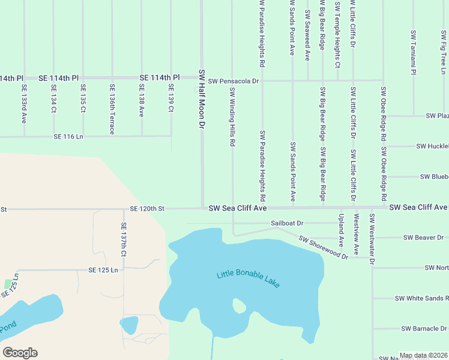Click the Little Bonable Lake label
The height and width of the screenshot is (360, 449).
[x=249, y=280]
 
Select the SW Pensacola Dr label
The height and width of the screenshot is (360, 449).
[x=234, y=80]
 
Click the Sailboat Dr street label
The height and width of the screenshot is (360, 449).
[x=287, y=223]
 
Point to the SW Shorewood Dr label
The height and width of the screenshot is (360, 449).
[x=323, y=248]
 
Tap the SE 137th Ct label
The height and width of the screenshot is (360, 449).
[x=124, y=240]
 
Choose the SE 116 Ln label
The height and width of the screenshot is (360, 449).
[x=68, y=137]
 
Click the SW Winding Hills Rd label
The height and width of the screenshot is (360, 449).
[x=232, y=118]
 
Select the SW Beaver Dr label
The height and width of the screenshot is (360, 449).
[x=423, y=238]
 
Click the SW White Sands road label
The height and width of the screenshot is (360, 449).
[x=421, y=298]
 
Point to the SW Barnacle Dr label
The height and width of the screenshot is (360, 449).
[x=424, y=329]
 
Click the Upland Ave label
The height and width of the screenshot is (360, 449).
[x=341, y=230]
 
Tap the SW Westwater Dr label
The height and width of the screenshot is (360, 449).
[x=372, y=239]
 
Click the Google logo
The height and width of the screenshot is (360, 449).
[x=20, y=353]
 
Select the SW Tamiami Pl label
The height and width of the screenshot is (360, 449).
[x=414, y=52]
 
